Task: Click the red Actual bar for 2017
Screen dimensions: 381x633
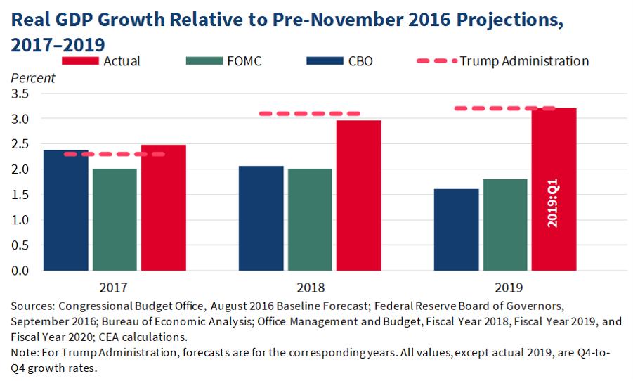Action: [163, 207]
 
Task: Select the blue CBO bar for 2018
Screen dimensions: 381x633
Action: [261, 218]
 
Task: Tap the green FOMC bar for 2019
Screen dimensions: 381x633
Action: [505, 225]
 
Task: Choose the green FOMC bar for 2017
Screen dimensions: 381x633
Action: [115, 219]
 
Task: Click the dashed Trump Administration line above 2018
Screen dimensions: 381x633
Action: [309, 113]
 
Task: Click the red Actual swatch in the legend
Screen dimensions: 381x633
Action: [81, 61]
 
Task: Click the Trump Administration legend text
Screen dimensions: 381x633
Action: [524, 61]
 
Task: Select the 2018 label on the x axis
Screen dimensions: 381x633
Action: [310, 287]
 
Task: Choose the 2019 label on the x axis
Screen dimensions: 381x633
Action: [505, 287]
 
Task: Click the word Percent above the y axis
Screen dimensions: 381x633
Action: [33, 78]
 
